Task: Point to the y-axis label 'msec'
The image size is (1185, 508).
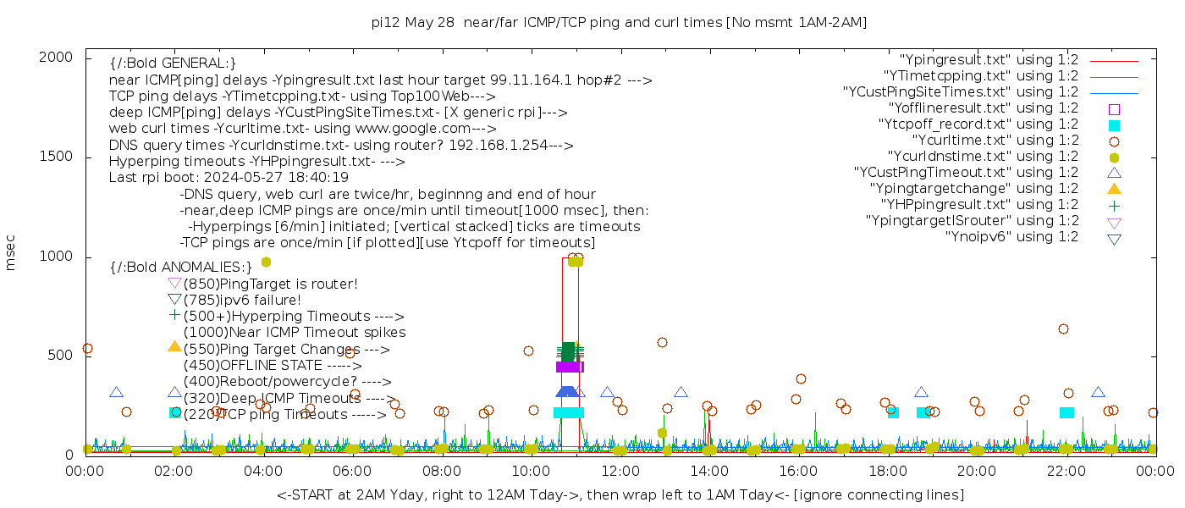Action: click(11, 252)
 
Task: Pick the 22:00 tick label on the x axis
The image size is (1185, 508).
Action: click(1064, 469)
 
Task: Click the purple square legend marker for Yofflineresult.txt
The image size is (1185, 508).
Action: click(1114, 108)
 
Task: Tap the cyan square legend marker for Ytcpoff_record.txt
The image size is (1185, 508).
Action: click(1114, 124)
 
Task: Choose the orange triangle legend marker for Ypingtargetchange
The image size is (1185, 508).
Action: click(1114, 188)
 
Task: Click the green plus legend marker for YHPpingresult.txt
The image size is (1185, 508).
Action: click(1114, 205)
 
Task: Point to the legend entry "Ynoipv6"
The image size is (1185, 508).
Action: click(1011, 236)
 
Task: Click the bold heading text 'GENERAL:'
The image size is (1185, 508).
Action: click(173, 63)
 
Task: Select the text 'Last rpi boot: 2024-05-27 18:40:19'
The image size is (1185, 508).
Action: click(229, 178)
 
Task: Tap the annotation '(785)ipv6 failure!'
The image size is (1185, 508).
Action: click(242, 300)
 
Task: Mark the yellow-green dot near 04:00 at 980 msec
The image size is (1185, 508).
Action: click(266, 262)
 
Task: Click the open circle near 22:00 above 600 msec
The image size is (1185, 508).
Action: click(1063, 329)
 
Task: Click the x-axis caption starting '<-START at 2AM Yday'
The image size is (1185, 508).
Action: click(620, 494)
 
